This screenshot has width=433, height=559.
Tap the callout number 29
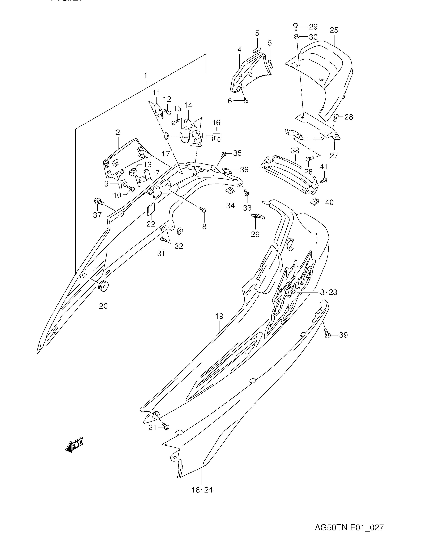pos(313,27)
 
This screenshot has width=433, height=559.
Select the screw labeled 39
pos(327,335)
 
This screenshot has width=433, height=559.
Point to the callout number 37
pos(97,215)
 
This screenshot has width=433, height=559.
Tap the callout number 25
pos(334,30)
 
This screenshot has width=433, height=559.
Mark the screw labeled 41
pos(324,180)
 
